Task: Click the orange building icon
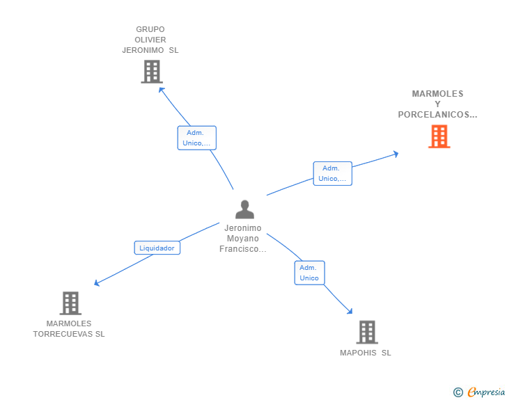439,136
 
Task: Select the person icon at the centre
244,209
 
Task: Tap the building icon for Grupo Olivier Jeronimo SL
151,72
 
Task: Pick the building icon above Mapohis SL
367,332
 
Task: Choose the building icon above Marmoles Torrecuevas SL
70,303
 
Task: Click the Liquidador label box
157,248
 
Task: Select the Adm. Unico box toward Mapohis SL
309,273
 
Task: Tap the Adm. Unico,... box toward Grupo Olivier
196,138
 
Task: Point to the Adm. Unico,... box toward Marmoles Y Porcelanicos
332,173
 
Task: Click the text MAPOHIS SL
366,353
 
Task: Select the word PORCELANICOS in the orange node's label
437,115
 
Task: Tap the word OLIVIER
150,40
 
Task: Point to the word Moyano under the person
243,239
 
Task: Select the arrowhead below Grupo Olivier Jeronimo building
160,89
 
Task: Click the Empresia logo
486,392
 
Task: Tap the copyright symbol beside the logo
458,392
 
